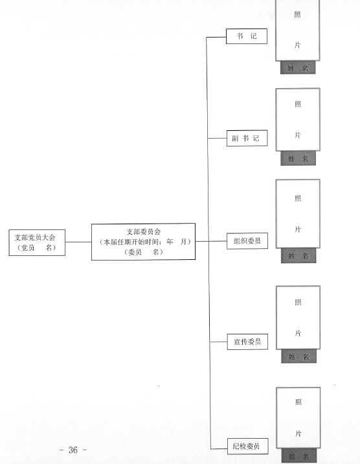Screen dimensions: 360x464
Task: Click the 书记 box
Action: coord(247,36)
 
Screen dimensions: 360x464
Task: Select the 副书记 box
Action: coord(247,138)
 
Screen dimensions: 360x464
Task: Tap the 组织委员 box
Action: coord(247,241)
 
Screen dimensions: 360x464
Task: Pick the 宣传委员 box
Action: coord(248,342)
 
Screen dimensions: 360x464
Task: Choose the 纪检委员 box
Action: coord(248,447)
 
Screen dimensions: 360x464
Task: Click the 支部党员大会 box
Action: coord(37,242)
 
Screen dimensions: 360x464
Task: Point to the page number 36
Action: coord(73,450)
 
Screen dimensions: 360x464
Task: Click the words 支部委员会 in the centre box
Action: coord(144,232)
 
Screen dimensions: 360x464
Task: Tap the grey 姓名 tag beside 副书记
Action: coord(298,158)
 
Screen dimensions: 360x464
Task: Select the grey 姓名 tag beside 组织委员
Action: coord(298,255)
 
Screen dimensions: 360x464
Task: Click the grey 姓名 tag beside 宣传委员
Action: coord(299,356)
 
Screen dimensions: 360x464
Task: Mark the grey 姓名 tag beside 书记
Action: coord(298,68)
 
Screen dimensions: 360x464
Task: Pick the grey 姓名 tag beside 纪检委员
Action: coord(299,456)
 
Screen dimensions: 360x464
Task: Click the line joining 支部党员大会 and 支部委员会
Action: coord(78,242)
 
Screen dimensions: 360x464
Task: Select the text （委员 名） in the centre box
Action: coord(144,252)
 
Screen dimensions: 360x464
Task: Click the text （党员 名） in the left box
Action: coord(37,248)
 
